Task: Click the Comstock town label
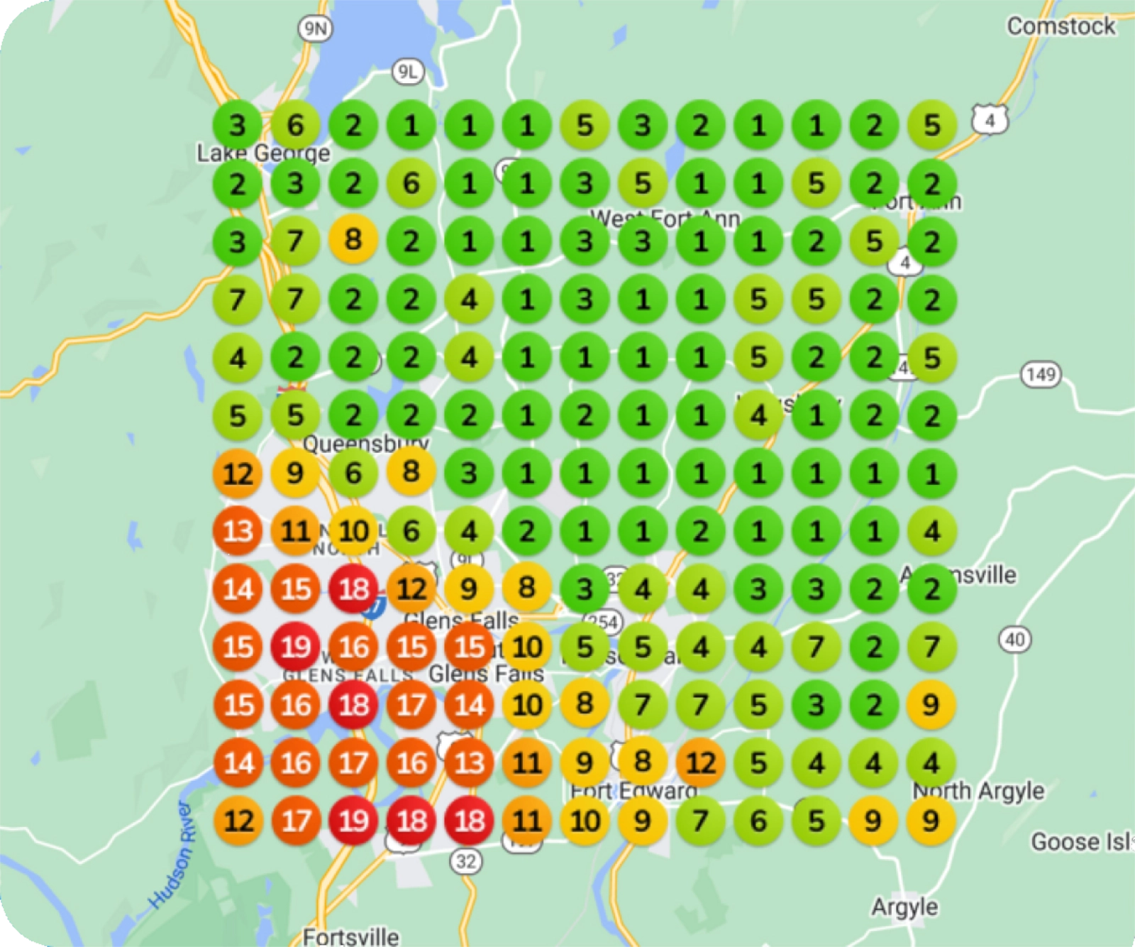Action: click(x=1061, y=26)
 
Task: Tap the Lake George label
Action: click(x=263, y=153)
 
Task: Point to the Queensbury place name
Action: click(x=365, y=444)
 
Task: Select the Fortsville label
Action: click(x=350, y=936)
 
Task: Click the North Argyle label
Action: click(x=978, y=790)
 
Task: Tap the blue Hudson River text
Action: click(x=171, y=855)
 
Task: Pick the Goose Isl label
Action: click(x=1082, y=842)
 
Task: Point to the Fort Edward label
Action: click(x=633, y=790)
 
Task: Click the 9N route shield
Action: click(x=315, y=28)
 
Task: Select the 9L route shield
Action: click(x=407, y=71)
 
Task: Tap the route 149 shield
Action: click(x=1041, y=374)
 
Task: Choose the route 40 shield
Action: click(x=1015, y=640)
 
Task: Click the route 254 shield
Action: click(x=603, y=623)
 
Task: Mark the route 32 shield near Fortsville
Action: click(x=466, y=861)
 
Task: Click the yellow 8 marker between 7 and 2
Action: click(x=353, y=241)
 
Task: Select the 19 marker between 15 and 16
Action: click(x=296, y=647)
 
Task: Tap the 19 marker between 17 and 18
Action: click(x=353, y=821)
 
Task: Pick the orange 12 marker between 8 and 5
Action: click(x=701, y=762)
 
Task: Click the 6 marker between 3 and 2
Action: click(x=295, y=126)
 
